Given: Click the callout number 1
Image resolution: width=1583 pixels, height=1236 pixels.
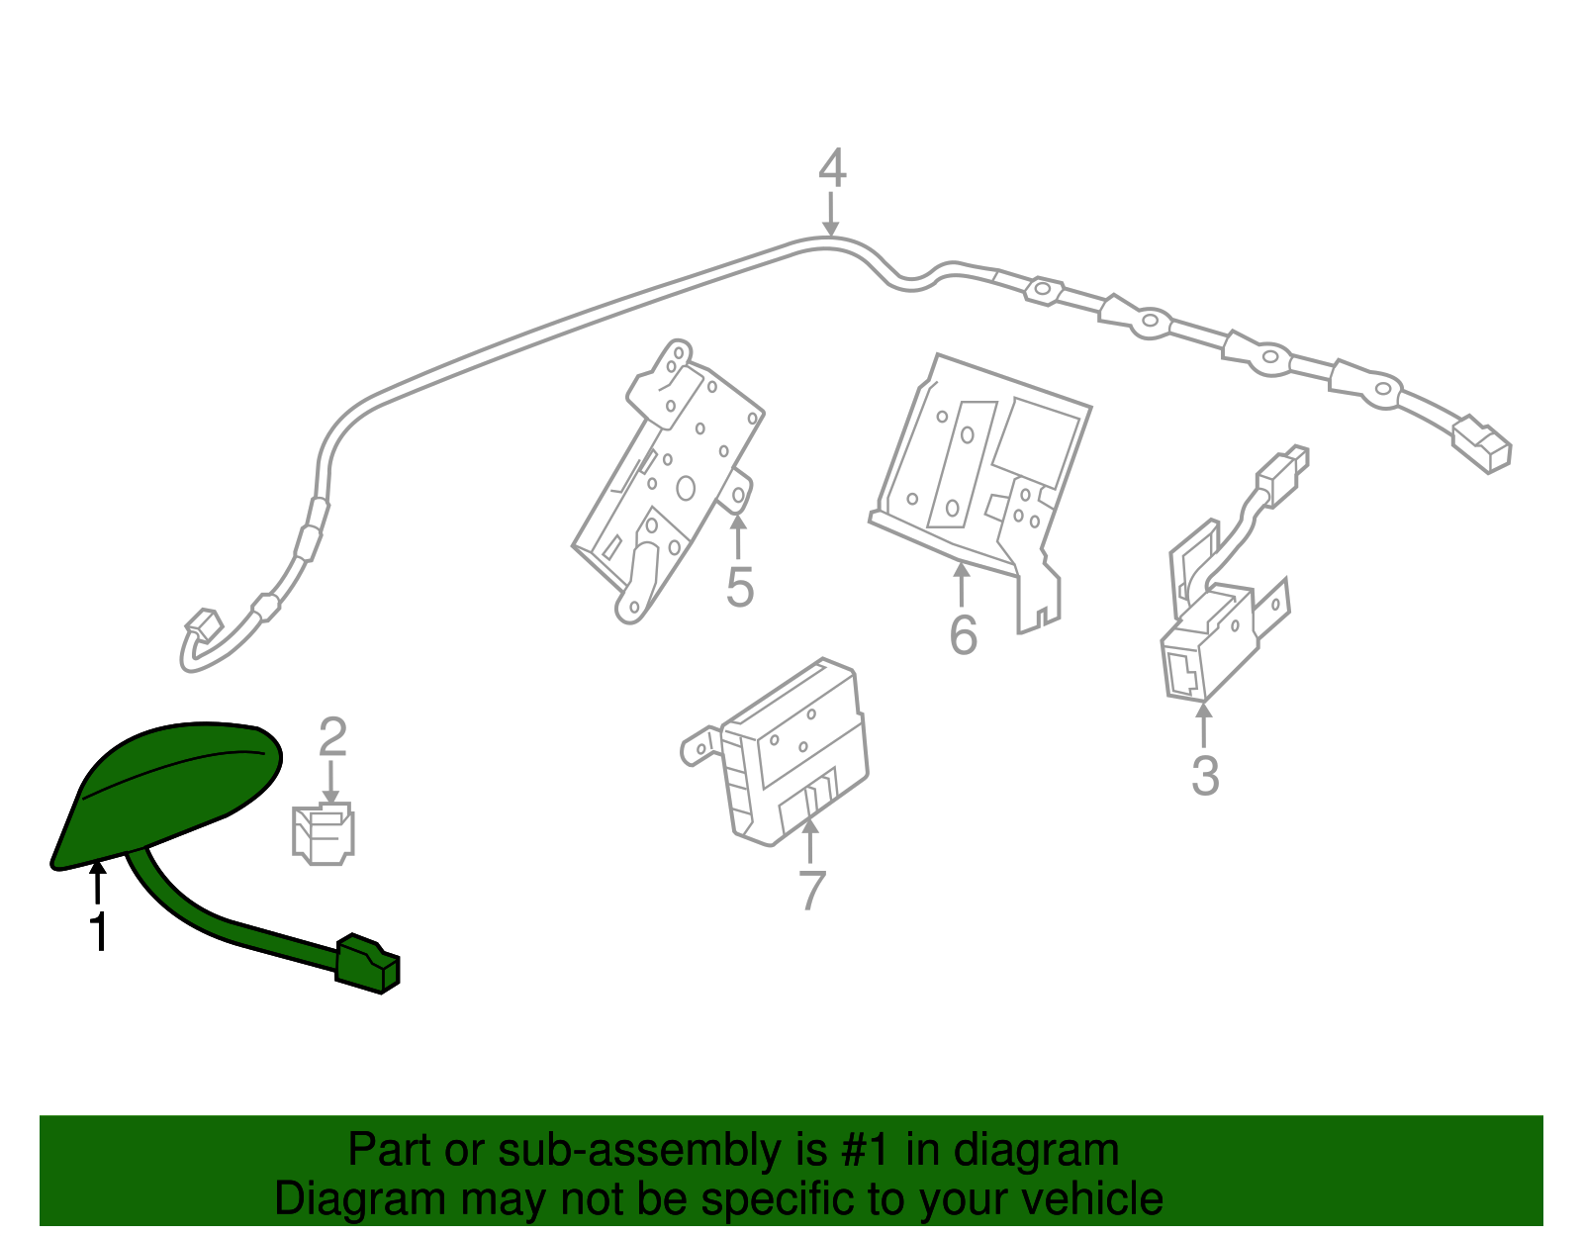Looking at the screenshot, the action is point(98,931).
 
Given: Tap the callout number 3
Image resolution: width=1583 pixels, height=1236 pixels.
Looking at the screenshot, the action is point(1205,775).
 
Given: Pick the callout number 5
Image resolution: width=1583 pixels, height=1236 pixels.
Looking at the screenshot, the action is point(739,587).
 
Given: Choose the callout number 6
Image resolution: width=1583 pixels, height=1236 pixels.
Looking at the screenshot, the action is point(963,634).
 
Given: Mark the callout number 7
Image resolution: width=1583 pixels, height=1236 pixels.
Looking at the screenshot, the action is point(811,890).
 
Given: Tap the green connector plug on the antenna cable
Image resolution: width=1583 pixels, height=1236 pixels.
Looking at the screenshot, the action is point(368,964).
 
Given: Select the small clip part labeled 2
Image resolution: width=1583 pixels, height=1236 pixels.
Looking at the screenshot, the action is point(323,834).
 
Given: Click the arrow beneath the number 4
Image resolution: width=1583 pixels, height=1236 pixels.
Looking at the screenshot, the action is point(830,214).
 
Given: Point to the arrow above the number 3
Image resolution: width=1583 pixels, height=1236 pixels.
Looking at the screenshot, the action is point(1203,724).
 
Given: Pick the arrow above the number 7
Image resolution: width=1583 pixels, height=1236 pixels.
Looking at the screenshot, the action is point(809,841).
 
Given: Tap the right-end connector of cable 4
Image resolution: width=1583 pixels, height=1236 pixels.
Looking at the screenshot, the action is point(1482,444).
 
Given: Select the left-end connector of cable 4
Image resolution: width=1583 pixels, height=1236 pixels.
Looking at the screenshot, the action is point(203,624).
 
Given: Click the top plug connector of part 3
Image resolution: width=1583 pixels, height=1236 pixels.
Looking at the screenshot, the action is point(1283,470).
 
